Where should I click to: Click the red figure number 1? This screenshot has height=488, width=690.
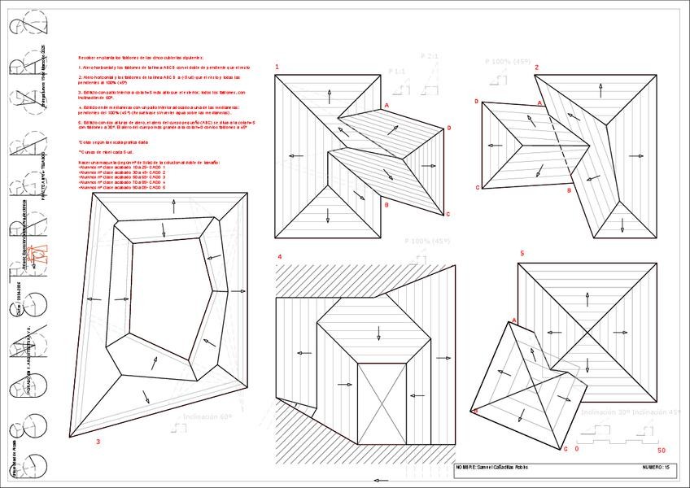pyautogui.click(x=277, y=67)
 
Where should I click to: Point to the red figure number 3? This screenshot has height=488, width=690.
pyautogui.click(x=98, y=442)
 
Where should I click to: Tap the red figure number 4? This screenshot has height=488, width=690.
pyautogui.click(x=279, y=258)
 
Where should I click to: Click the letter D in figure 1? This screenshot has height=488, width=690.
pyautogui.click(x=448, y=129)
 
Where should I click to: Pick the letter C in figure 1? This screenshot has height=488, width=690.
pyautogui.click(x=448, y=214)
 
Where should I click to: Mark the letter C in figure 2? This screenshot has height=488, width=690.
pyautogui.click(x=477, y=188)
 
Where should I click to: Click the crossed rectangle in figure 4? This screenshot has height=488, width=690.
pyautogui.click(x=382, y=402)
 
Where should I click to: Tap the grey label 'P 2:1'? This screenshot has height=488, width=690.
pyautogui.click(x=430, y=55)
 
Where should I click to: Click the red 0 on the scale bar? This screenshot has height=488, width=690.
pyautogui.click(x=577, y=448)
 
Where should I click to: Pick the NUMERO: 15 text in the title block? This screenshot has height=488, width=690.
pyautogui.click(x=657, y=468)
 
